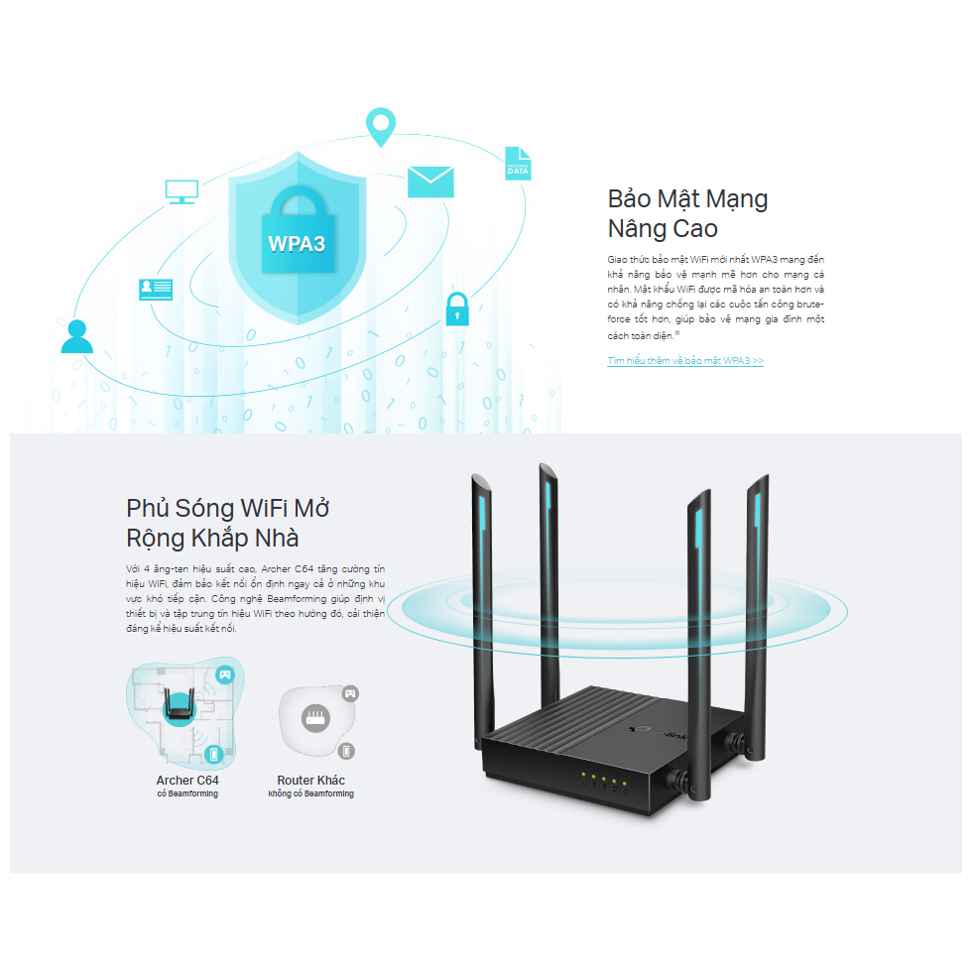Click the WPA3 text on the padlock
tap(297, 243)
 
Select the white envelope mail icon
tap(430, 182)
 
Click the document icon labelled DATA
tap(518, 164)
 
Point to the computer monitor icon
tap(182, 191)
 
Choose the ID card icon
tap(155, 289)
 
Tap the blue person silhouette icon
tap(76, 336)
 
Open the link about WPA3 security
tap(685, 361)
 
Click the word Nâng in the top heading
tap(641, 228)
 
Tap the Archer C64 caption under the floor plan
tap(187, 781)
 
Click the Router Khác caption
tap(310, 781)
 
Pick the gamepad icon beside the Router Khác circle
tap(349, 693)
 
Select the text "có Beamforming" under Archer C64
tap(187, 794)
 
